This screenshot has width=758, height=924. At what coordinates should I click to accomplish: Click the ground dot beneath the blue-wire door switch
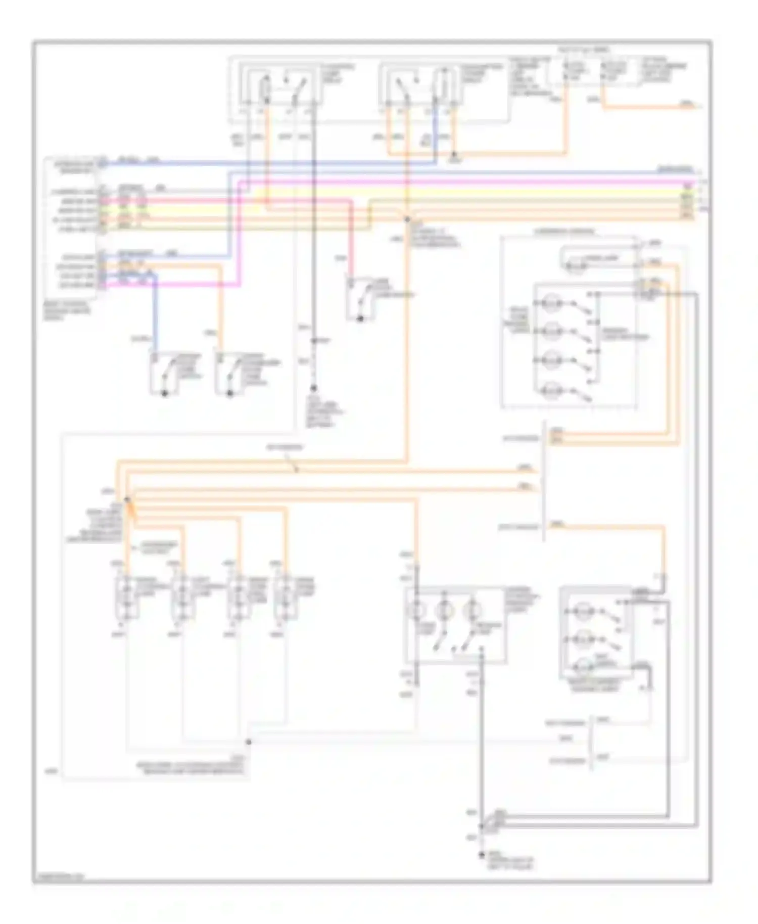[x=164, y=393]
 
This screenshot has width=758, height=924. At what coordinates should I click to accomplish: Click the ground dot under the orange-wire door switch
[x=229, y=393]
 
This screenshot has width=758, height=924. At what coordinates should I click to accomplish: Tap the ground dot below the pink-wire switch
[x=360, y=319]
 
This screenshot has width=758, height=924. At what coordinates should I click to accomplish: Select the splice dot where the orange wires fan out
[x=127, y=499]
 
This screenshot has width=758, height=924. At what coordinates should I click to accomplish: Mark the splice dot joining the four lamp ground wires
[x=248, y=742]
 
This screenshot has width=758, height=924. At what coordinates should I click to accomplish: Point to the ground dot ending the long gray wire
[x=481, y=856]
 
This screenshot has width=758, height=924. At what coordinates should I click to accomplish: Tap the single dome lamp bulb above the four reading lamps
[x=574, y=265]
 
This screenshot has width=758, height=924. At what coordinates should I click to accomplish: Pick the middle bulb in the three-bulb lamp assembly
[x=444, y=611]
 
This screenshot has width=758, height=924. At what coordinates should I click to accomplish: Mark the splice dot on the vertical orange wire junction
[x=407, y=219]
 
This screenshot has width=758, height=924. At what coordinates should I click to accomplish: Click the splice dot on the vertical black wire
[x=313, y=341]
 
